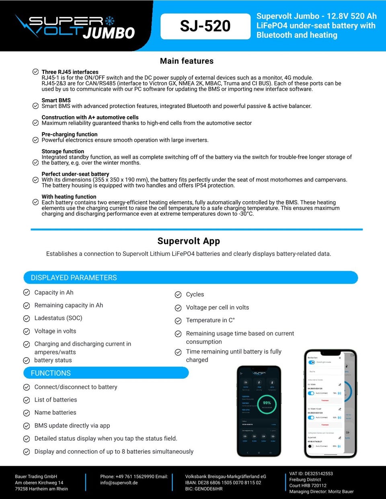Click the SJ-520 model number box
coord(205,27)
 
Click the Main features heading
coord(187,61)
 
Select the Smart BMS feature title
coord(56,100)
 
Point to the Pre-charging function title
coord(70,134)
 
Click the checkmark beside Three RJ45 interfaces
coord(36,72)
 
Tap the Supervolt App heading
coord(189,241)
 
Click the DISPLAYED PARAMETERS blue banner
coord(191,278)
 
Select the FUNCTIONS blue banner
coord(106,373)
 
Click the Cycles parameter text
coord(195,294)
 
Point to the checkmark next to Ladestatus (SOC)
coord(27,319)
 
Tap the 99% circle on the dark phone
coord(267,403)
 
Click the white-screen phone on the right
coord(330,403)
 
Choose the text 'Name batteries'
coord(55,413)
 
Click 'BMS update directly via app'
coord(72,425)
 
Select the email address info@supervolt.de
coord(119,483)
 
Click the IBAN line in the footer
coord(223,483)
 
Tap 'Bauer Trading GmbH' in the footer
coord(36,477)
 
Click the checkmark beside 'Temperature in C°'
coord(178,321)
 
